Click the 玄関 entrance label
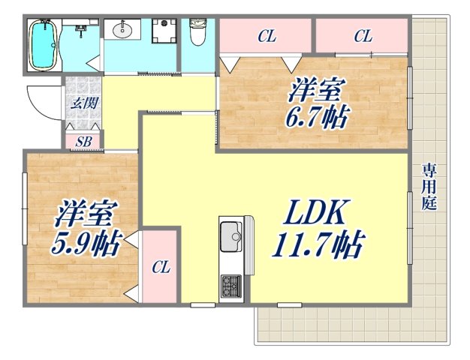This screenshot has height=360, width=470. pos(83,103)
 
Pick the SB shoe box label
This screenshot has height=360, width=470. pos(83,141)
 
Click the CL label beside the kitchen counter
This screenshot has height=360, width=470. pos(159,266)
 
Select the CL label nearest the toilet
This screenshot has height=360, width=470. pos(265,35)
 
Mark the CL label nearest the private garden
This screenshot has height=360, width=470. pos(363,35)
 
